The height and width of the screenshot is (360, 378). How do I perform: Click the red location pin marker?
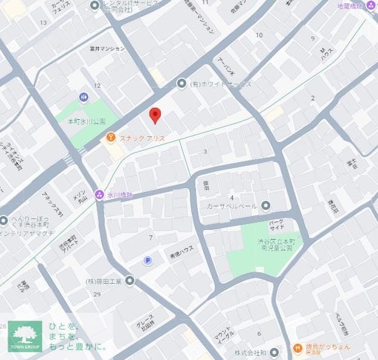[x=155, y=114]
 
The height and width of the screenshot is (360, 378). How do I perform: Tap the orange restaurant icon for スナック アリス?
[x=111, y=138]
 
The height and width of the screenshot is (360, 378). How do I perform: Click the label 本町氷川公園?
[x=86, y=122]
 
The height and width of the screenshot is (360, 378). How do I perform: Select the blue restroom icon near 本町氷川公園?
[x=83, y=97]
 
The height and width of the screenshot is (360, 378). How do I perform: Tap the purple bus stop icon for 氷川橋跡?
[x=99, y=195]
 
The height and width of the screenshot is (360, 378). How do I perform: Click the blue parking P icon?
[x=148, y=260]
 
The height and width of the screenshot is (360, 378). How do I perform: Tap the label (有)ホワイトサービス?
[x=221, y=84]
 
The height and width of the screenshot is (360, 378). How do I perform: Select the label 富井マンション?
[x=107, y=48]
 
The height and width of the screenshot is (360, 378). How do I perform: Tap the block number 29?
[x=97, y=294]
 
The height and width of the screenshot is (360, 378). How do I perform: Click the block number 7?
[x=151, y=238]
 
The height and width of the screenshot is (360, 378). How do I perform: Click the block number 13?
[x=43, y=23]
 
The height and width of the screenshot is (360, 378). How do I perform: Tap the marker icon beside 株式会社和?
[x=274, y=352]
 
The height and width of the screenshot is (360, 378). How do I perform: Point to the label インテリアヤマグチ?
[x=27, y=233]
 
